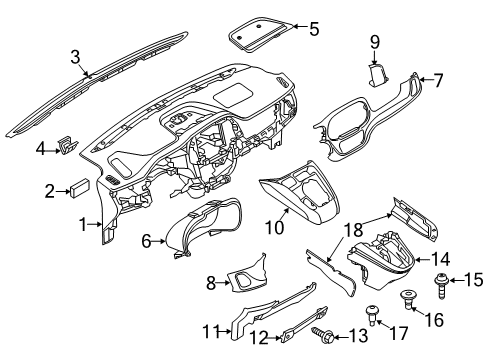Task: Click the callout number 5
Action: coord(314,29)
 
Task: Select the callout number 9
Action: coord(376,42)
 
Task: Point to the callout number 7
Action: coord(437,80)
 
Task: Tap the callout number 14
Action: coord(441,258)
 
